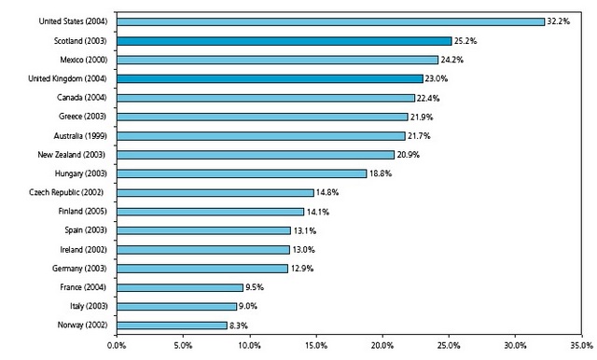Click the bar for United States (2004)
click(330, 21)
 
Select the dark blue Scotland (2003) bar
click(285, 41)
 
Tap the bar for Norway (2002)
click(172, 325)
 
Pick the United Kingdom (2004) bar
click(270, 78)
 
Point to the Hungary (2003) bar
click(242, 173)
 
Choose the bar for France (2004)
click(180, 287)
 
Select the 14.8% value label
click(328, 192)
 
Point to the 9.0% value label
click(249, 306)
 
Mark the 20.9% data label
click(409, 154)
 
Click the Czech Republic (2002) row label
click(77, 192)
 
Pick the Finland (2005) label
click(86, 211)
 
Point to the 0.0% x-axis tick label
click(117, 347)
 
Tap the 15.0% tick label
click(315, 347)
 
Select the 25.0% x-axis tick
click(448, 347)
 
